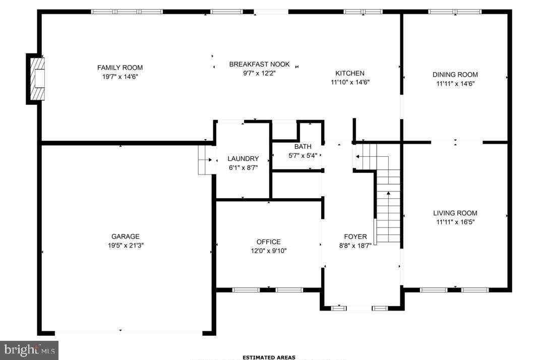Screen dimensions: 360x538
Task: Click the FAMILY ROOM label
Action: pos(120,68)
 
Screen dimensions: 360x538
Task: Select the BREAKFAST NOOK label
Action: pos(259,64)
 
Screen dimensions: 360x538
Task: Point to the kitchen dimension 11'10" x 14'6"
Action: pos(350,82)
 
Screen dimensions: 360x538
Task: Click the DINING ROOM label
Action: pos(455,75)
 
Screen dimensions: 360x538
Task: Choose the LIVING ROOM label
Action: pos(455,213)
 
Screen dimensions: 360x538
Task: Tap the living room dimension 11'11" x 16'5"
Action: pos(455,221)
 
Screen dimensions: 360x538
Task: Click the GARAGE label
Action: pos(126,236)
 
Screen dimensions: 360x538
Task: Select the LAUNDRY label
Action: pos(243,158)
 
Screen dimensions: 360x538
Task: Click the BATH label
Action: pos(303,146)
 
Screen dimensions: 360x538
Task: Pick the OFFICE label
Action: pos(268,242)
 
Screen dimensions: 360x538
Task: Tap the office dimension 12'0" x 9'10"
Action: pos(268,250)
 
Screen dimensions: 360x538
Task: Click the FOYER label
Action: pos(355,236)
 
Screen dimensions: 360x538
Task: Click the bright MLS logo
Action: pos(29,350)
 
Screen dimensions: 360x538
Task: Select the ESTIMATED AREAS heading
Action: pos(269,357)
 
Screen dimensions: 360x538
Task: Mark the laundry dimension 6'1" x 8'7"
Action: pos(243,167)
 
